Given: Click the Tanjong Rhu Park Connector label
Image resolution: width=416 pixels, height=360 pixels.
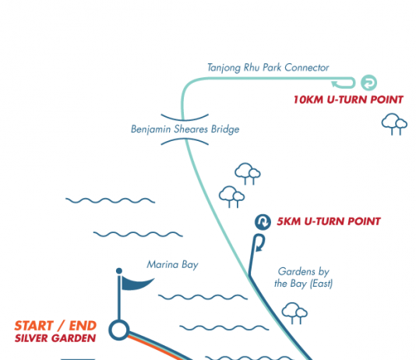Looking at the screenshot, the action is point(268,68).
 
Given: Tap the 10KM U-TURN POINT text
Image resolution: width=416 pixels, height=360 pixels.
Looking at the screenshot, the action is point(348,100).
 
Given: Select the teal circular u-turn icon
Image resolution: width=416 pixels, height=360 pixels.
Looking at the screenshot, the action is point(368,83).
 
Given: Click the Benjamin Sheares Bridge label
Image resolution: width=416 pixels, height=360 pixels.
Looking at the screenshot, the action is point(185,129).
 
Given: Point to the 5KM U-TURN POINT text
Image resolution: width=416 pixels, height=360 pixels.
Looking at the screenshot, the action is point(329,221).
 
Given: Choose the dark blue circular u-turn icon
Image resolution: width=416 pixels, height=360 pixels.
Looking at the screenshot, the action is point(263,222).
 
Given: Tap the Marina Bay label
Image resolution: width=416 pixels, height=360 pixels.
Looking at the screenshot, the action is point(172,265).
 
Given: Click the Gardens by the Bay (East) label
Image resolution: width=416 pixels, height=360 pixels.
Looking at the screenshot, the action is point(304,277).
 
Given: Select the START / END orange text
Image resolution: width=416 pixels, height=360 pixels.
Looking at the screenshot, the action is point(55,326).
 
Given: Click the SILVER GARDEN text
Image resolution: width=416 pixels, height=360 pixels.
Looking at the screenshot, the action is point(55,338).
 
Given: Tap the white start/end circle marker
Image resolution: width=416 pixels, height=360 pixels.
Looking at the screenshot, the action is point(119,330).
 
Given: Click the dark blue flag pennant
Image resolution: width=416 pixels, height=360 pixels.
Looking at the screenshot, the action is point(137,284).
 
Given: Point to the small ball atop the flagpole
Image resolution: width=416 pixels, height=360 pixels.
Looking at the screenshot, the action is point(119,271).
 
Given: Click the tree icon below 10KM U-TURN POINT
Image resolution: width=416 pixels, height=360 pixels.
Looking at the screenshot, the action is point(394,124).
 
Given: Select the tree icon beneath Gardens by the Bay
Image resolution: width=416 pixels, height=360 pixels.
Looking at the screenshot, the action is point(294,313).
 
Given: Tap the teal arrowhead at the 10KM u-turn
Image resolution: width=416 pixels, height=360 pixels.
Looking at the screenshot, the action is point(334,84).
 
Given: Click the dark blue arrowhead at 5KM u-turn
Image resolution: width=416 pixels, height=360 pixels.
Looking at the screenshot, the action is point(259,249).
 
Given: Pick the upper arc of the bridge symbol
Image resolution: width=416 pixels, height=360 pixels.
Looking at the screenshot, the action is point(185,118).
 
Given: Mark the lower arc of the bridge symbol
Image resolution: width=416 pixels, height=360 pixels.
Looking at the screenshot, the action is point(185,141).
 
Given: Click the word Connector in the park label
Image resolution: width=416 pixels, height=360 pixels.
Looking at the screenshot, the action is point(307,68).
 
